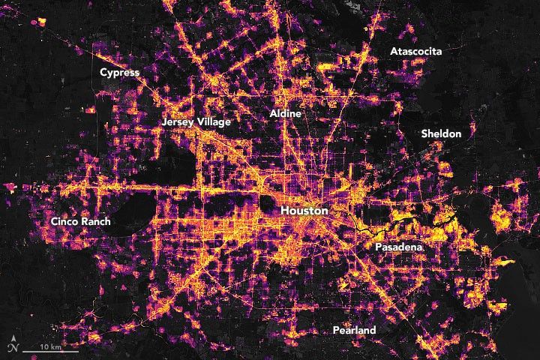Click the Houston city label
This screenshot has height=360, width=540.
pyautogui.click(x=304, y=211)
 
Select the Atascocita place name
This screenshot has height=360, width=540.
pyautogui.click(x=415, y=51)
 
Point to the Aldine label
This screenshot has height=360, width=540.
pyautogui.click(x=285, y=113)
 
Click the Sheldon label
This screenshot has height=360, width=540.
pyautogui.click(x=441, y=133)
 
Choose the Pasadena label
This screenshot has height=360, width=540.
pyautogui.click(x=398, y=247)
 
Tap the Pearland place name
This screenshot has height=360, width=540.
pyautogui.click(x=355, y=331)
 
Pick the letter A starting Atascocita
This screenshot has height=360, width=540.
pyautogui.click(x=393, y=51)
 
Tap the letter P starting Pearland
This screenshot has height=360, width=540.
pyautogui.click(x=337, y=331)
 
